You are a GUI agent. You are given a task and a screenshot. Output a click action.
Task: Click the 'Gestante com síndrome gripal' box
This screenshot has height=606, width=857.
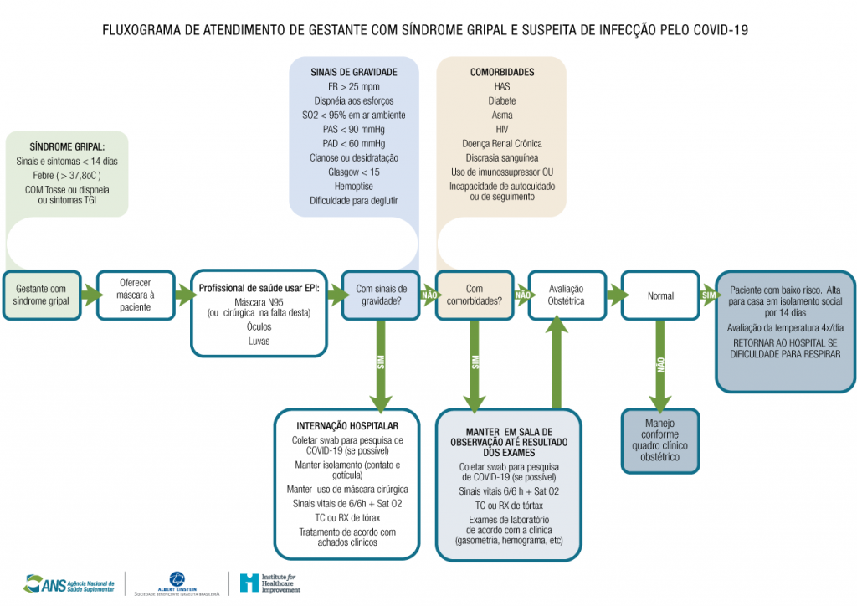pos(42,295)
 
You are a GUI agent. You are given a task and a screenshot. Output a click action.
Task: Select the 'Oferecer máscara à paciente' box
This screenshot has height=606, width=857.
pos(136,295)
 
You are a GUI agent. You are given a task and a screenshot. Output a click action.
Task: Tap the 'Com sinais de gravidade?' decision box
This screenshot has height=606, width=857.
pos(381,295)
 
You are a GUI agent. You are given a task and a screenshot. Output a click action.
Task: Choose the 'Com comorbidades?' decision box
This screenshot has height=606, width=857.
pos(474,295)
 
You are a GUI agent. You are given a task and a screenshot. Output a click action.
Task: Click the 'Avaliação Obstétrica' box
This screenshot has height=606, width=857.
pos(567,295)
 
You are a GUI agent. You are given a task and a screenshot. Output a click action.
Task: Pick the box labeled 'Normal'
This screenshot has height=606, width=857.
pos(660,295)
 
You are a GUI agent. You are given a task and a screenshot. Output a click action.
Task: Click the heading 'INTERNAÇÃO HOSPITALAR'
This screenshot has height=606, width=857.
pos(346,425)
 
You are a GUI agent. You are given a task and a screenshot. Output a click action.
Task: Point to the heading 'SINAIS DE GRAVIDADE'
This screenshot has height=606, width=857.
pos(353,72)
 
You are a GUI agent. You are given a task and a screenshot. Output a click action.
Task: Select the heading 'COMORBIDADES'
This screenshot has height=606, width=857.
pos(502,72)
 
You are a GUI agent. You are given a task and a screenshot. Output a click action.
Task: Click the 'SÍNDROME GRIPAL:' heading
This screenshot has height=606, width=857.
pos(67,146)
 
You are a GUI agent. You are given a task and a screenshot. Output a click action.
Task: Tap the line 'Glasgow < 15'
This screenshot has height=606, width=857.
pos(353,172)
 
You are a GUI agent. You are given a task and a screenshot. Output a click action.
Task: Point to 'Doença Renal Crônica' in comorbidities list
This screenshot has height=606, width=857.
pos(502,143)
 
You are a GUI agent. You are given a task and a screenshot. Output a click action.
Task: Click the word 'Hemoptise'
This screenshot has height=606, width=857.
pos(353,186)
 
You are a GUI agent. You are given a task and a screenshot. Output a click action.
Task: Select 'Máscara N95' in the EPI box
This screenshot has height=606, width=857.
pos(259,301)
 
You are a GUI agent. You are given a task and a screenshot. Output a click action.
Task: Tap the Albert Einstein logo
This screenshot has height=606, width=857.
pos(177,583)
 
